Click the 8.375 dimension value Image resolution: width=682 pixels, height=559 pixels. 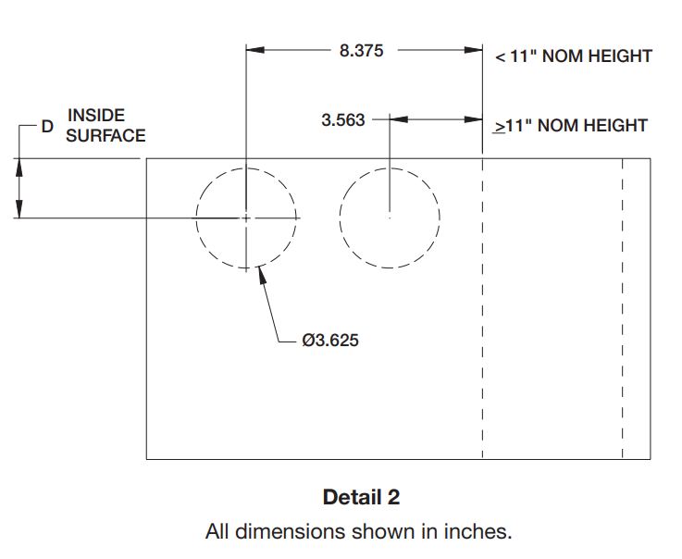point(361,51)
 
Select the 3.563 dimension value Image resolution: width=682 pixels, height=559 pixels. point(343,119)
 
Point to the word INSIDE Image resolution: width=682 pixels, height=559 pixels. point(96,116)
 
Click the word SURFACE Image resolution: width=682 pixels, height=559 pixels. point(105,136)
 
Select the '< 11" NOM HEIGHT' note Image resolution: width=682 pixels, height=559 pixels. point(574,56)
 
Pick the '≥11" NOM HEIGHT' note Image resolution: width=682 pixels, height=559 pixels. point(570,125)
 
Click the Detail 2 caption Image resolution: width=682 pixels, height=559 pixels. point(361,497)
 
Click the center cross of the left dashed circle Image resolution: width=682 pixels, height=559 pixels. point(246,217)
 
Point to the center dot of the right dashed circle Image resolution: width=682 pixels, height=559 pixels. point(390,217)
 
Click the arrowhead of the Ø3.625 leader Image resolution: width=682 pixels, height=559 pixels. point(264,273)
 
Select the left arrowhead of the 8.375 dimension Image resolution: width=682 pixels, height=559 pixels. point(254,51)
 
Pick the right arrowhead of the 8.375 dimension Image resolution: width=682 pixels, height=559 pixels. point(475,51)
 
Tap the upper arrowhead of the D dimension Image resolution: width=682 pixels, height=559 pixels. point(20,166)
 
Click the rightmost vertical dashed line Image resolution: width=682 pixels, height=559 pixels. point(623,305)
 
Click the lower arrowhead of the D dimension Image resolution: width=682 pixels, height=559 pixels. point(20,211)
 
